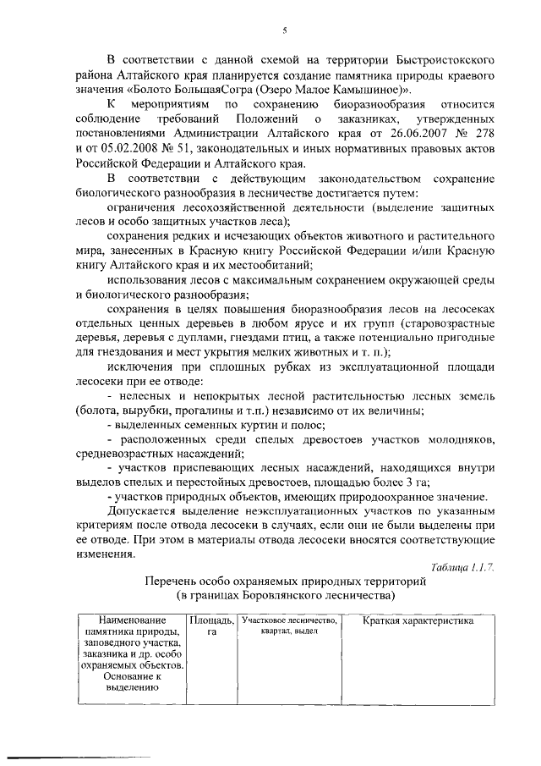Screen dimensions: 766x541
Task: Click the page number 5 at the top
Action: [x=285, y=31]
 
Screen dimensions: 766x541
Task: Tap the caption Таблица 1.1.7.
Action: [x=461, y=566]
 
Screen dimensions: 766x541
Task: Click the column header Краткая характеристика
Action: [x=418, y=622]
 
